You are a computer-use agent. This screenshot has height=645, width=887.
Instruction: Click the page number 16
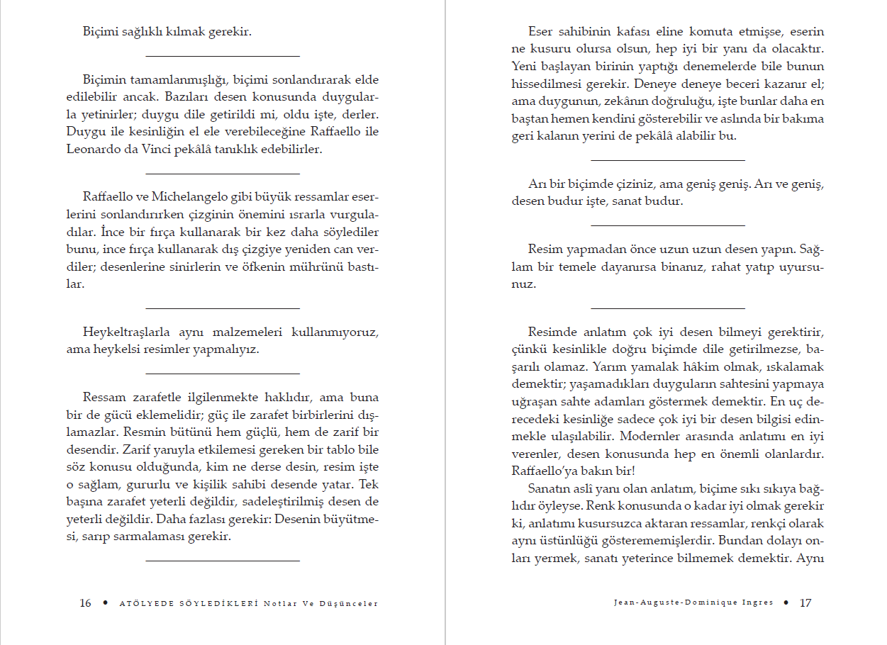coord(85,603)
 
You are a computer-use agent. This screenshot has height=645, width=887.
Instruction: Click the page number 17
coord(805,603)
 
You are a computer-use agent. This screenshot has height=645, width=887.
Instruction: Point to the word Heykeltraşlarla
coord(123,332)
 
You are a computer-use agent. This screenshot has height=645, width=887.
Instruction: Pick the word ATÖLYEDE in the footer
coord(142,604)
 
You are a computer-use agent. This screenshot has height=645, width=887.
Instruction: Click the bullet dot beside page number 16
coord(106,603)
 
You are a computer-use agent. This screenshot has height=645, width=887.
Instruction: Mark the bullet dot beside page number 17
coord(786,603)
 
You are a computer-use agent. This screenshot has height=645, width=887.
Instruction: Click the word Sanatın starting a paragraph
coord(550,488)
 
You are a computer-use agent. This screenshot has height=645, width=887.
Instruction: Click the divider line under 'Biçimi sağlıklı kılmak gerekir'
coord(223,56)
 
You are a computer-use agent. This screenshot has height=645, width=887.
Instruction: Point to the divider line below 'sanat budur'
coord(668,225)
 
